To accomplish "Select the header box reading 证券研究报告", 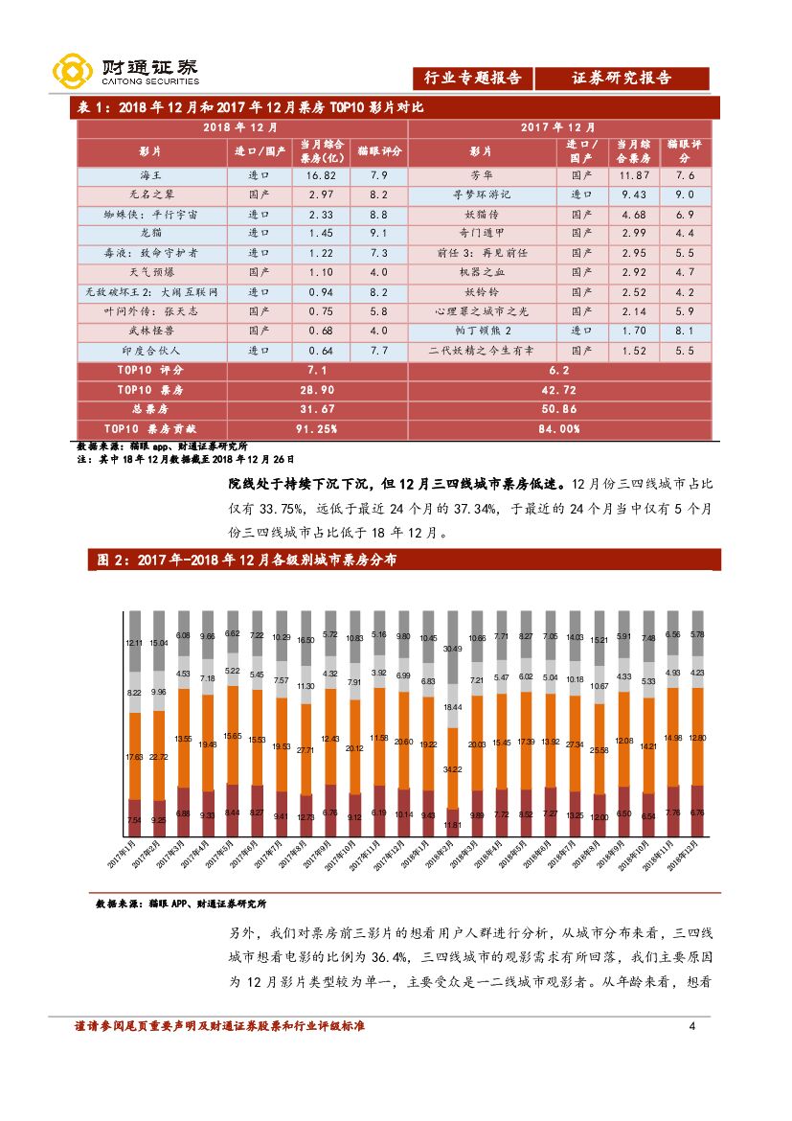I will [x=622, y=79].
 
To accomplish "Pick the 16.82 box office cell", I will [x=320, y=176].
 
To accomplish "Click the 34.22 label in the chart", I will [x=451, y=769].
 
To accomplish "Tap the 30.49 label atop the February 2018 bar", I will [x=451, y=649].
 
